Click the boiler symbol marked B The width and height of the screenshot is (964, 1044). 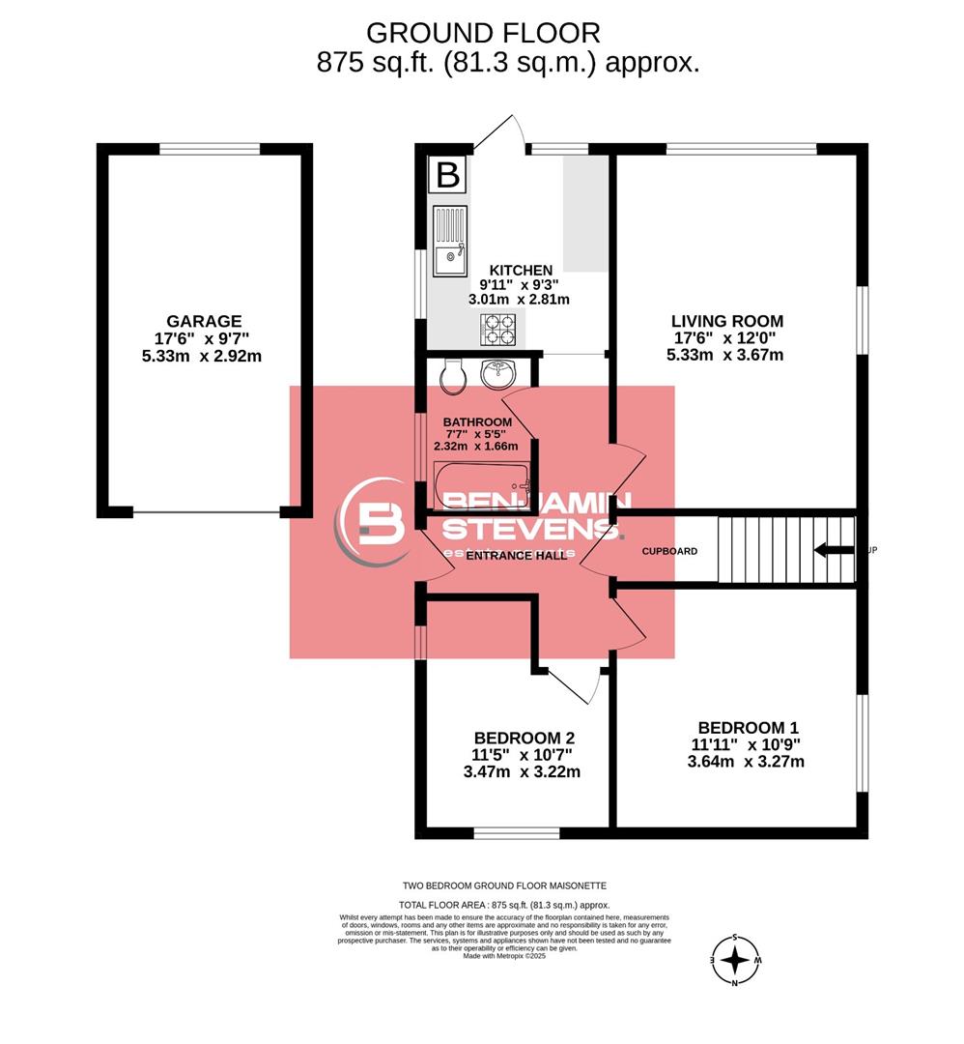[447, 175]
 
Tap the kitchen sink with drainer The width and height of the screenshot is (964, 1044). [449, 243]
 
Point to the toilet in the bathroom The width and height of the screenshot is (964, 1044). [451, 375]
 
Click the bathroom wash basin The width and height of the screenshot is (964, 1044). [499, 373]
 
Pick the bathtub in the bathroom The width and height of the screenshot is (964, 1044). [481, 478]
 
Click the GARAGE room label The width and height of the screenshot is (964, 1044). [203, 321]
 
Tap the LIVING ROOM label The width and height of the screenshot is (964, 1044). [726, 321]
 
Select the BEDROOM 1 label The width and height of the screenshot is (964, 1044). [748, 728]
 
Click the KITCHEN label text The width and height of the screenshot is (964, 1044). [521, 270]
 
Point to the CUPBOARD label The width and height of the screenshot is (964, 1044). [670, 551]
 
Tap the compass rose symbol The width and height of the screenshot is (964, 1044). [736, 960]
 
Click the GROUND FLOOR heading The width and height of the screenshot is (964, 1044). [483, 32]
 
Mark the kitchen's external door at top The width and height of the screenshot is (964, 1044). [500, 132]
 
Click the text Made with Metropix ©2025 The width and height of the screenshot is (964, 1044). [504, 956]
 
